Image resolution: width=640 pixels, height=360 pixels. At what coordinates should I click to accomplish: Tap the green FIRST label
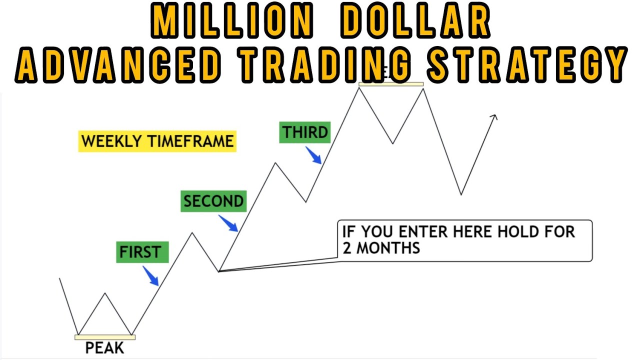[142, 252]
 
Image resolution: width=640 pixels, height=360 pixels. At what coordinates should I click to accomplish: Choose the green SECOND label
[213, 201]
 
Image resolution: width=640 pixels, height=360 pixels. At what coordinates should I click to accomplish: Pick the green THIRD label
[305, 133]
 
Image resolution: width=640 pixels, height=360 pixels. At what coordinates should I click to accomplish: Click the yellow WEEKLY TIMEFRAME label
[157, 141]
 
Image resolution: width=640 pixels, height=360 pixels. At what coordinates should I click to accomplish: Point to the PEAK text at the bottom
[104, 348]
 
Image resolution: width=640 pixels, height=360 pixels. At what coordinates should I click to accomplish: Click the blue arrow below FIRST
[150, 276]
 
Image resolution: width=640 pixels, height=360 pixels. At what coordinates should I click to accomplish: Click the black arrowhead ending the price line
[494, 117]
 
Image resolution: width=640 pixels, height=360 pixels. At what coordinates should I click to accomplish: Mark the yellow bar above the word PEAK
[105, 337]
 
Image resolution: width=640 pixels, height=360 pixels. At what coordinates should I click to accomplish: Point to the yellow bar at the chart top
[391, 84]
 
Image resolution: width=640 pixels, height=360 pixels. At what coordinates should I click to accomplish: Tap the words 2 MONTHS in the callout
[381, 248]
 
